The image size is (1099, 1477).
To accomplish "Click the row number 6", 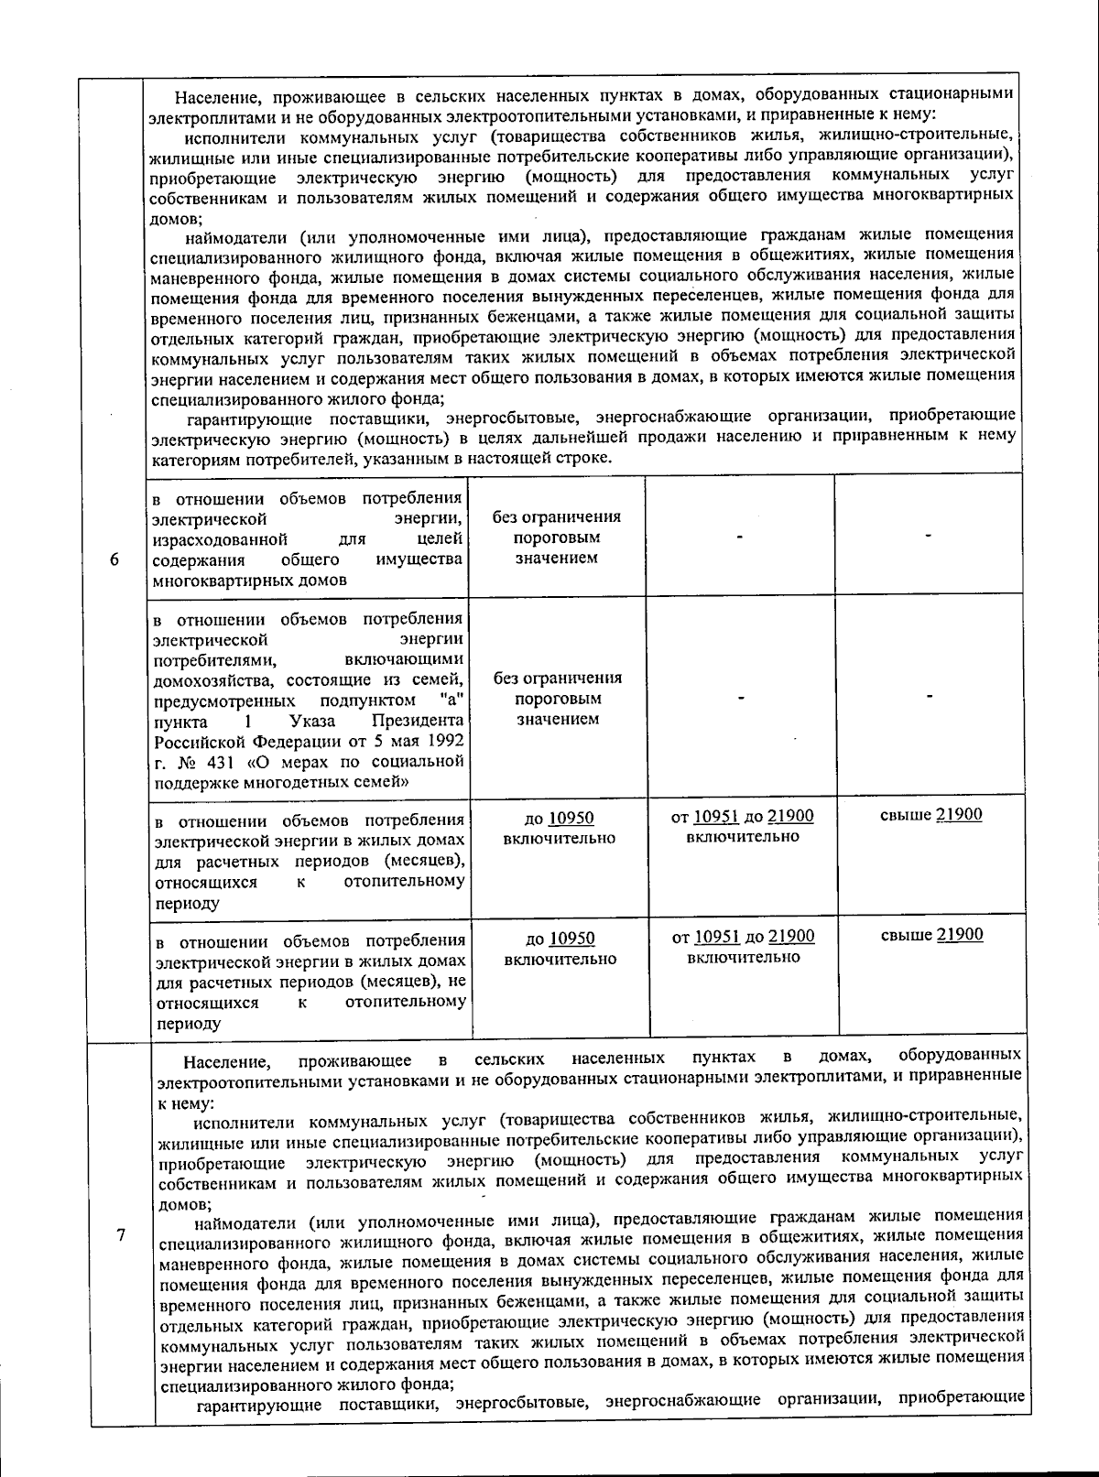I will pyautogui.click(x=114, y=560).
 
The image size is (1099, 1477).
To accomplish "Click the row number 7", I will pyautogui.click(x=121, y=1233).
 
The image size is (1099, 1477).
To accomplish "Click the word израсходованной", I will pyautogui.click(x=221, y=539).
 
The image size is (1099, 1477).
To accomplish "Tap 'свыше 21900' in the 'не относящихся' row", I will pyautogui.click(x=932, y=935).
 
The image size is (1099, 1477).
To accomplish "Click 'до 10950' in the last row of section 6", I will pyautogui.click(x=560, y=939).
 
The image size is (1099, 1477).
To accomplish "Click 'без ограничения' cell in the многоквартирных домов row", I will pyautogui.click(x=556, y=517).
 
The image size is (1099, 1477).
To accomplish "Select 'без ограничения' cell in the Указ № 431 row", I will pyautogui.click(x=557, y=679).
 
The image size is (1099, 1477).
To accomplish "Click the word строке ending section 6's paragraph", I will pyautogui.click(x=581, y=458).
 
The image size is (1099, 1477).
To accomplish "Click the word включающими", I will pyautogui.click(x=404, y=659).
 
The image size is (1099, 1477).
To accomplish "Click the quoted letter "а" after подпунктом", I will pyautogui.click(x=448, y=700).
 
